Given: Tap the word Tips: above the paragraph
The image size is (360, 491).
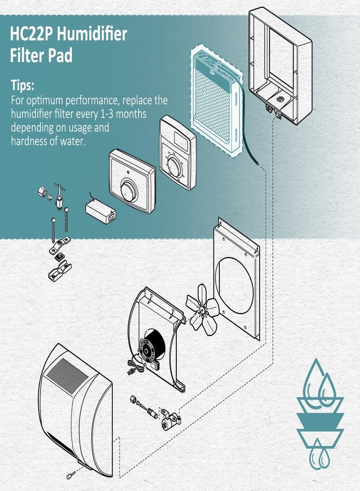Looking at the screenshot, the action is coord(22,85).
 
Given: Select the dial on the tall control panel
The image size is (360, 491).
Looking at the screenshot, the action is coord(175,166).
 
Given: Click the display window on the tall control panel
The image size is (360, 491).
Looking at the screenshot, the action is coord(182,140).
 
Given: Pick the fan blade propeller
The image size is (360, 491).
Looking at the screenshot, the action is coord(202,310).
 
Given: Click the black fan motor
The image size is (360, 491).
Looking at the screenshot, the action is coord(152,346).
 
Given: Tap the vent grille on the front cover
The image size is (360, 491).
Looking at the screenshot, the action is coord(67,376).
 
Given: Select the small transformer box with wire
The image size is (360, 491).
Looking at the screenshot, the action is coord(100,211).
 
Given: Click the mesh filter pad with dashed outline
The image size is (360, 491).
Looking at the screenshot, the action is coord(217,101).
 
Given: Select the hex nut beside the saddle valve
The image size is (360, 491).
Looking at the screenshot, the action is coord(43,191).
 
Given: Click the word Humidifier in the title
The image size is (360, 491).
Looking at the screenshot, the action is coord(92,34).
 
